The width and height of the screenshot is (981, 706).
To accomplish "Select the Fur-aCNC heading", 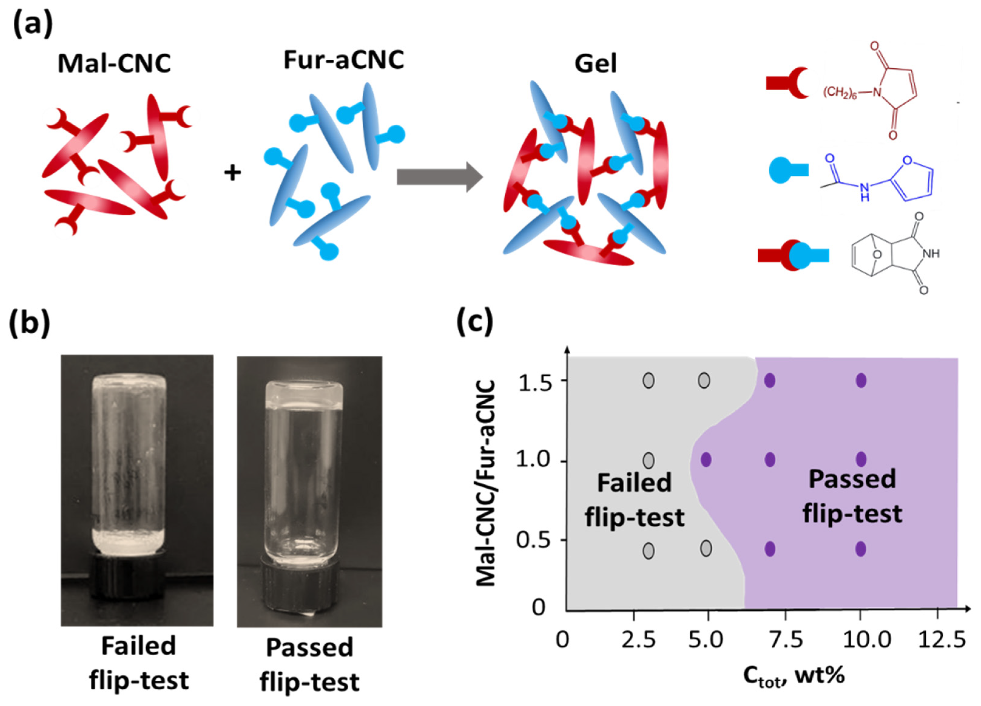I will pos(344,60).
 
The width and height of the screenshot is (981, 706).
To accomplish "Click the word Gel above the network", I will pos(596,64).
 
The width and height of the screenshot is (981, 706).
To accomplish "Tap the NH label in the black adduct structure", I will pos(931,253).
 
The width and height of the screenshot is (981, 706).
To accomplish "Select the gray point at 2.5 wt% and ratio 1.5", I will pos(648,381).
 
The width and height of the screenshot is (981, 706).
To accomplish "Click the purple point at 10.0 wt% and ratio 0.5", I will pos(861,549).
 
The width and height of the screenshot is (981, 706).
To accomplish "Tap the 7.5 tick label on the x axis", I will pos(785,639).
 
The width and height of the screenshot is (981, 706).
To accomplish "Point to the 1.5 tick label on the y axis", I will pos(535,383).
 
